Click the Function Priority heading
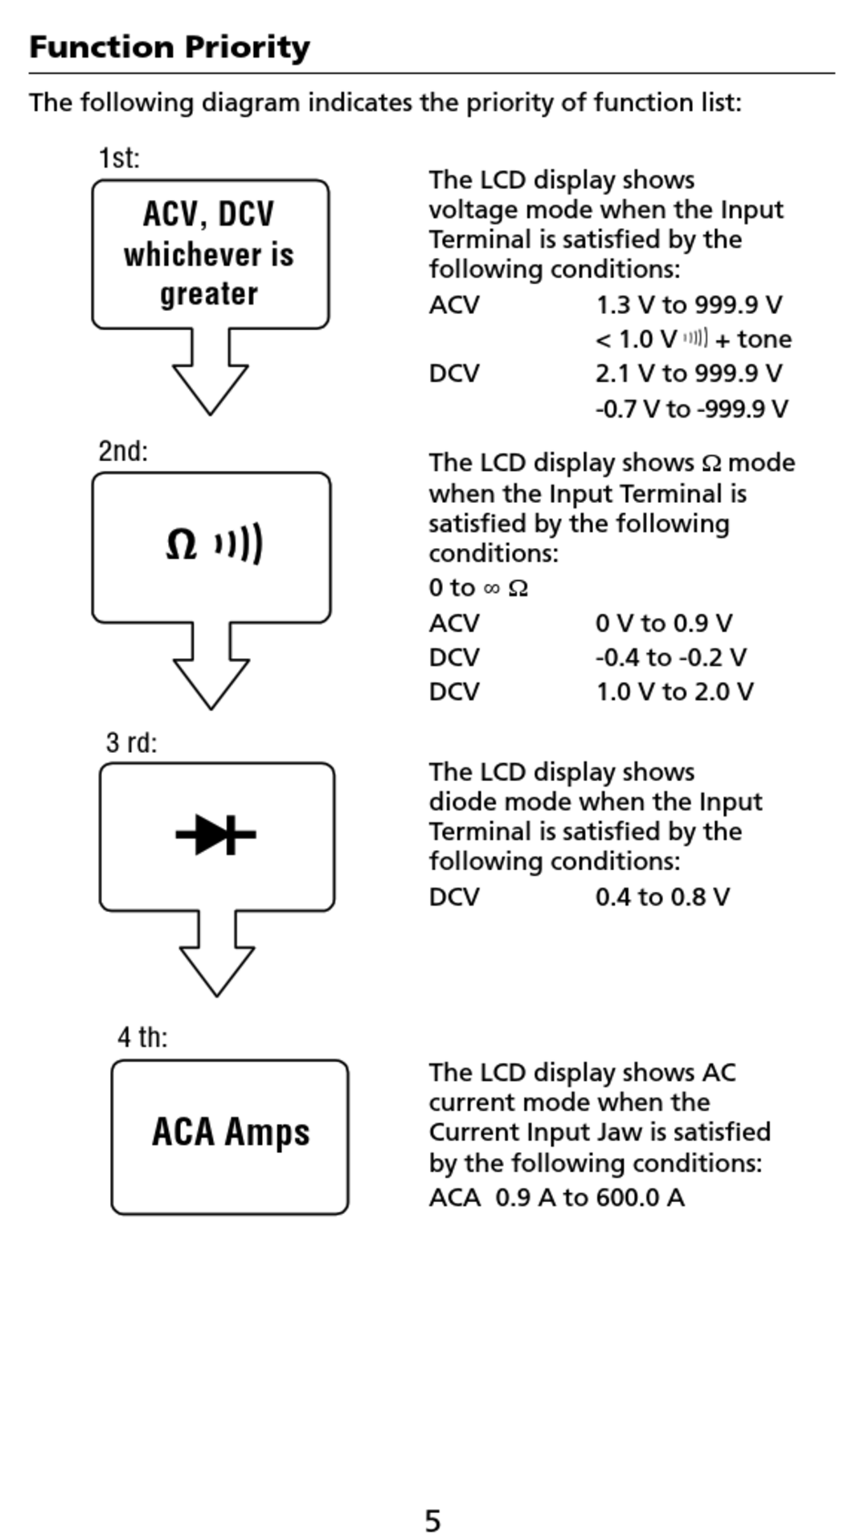(169, 47)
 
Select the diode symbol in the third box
(216, 834)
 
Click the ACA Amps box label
(230, 1133)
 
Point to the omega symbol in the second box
(181, 545)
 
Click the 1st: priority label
(119, 158)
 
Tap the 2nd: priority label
(123, 451)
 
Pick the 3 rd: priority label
(131, 743)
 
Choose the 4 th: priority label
(142, 1037)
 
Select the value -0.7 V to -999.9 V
(691, 409)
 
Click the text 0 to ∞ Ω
(478, 588)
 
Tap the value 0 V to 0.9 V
(663, 624)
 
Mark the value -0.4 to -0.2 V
(670, 657)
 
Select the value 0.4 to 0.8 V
(662, 897)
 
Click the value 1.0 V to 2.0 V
(674, 692)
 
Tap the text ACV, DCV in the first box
(208, 215)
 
